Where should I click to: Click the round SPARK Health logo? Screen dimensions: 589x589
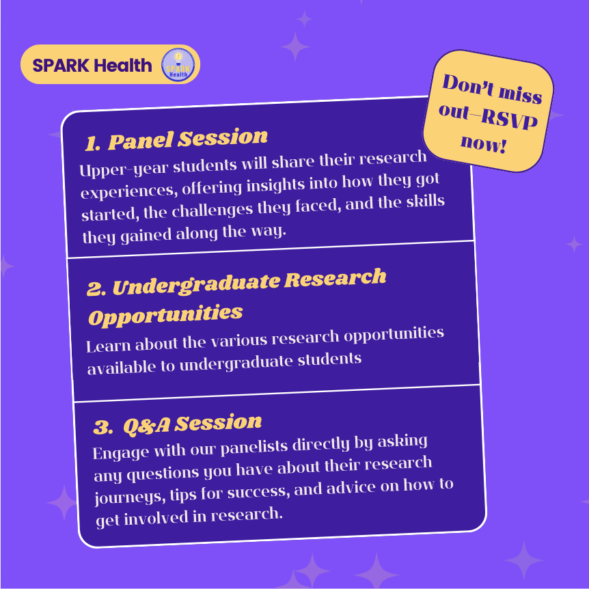(178, 65)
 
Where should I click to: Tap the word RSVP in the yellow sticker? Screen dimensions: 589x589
(509, 119)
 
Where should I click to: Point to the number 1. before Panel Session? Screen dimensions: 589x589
(92, 143)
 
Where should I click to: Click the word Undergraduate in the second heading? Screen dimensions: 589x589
(196, 285)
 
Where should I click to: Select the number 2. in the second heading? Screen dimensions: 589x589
(96, 288)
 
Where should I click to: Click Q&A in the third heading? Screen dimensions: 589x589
(146, 426)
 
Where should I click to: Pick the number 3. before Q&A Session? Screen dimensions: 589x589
(103, 428)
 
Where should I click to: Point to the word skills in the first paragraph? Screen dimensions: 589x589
(424, 202)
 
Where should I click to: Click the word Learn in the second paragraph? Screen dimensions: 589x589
(108, 345)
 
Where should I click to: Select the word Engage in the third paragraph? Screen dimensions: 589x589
(120, 452)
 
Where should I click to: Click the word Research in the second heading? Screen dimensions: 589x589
(335, 278)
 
